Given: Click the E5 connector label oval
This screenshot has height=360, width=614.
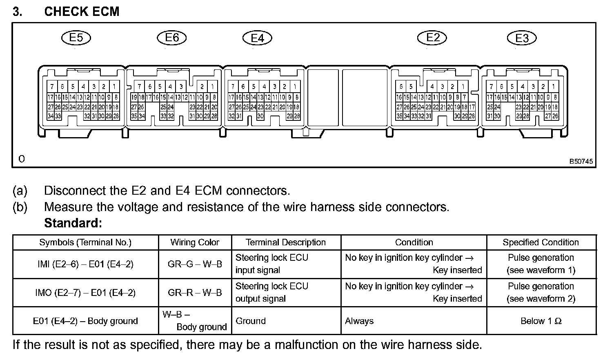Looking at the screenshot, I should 76,38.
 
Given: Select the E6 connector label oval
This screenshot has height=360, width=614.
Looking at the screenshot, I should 172,38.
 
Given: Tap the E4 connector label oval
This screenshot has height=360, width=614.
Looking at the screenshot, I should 257,38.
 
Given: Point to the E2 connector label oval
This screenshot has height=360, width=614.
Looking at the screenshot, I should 432,38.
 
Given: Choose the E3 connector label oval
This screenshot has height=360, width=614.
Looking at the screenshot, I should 522,38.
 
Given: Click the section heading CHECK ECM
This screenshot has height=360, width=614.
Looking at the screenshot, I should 82,11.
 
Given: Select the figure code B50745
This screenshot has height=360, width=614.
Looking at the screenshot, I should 581,162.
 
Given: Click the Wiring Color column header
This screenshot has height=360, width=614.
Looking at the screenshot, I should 195,242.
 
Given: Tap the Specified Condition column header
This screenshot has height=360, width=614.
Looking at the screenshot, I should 541,242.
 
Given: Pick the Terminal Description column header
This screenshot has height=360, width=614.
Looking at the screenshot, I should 286,242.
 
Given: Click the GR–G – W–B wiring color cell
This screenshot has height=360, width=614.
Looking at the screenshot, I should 195,264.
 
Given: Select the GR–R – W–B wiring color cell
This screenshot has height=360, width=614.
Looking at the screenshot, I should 195,293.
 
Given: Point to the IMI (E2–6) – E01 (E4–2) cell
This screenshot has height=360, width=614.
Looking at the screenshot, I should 85,264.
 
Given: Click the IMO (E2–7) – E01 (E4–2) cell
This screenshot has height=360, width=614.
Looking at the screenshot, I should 85,293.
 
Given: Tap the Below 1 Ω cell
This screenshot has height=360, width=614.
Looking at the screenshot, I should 541,321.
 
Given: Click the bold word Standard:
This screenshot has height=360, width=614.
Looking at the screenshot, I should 73,223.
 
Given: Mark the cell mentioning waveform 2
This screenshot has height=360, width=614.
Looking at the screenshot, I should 541,293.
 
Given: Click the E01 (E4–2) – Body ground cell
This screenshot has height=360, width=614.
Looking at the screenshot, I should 85,321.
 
